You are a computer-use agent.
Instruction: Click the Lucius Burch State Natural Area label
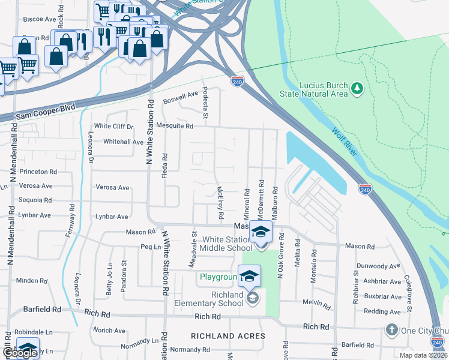(314, 89)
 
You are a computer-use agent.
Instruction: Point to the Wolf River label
(345, 142)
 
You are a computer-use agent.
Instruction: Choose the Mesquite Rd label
(174, 127)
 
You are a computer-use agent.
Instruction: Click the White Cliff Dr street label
(113, 127)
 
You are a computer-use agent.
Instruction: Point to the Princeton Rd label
(38, 172)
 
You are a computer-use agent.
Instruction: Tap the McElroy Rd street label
(220, 202)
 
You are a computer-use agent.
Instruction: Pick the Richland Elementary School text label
(209, 299)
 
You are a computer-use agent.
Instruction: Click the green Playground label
(218, 277)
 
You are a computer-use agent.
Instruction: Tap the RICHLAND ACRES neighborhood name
(228, 336)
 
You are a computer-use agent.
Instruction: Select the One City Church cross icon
(391, 329)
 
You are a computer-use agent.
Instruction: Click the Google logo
(21, 353)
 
